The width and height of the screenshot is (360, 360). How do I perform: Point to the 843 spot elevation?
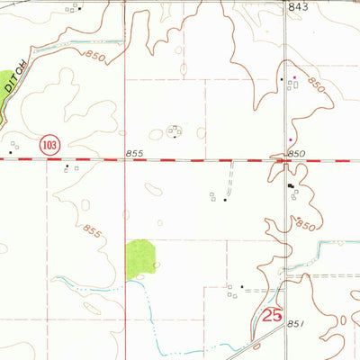298,7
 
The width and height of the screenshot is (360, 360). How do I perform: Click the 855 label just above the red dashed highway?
134,153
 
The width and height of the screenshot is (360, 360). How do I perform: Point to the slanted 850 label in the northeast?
315,88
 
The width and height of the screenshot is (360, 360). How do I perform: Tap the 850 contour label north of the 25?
307,221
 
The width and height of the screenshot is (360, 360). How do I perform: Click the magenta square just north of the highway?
290,140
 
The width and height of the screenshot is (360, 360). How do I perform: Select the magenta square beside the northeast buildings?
292,77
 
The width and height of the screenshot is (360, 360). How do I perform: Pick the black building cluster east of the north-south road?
290,187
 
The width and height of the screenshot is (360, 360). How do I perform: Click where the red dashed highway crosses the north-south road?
286,160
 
